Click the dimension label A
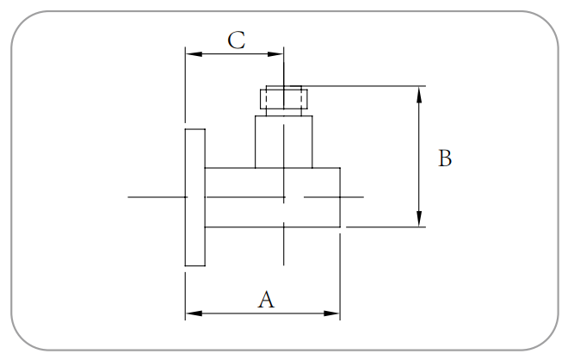tap(267, 300)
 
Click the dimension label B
tap(445, 159)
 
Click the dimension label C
tap(237, 40)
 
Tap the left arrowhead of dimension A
tap(191, 313)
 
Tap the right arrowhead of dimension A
tap(335, 313)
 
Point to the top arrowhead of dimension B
tap(419, 92)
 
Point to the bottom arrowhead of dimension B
tap(419, 221)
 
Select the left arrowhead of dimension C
tap(191, 53)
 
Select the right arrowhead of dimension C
tap(278, 53)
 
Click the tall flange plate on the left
tap(194, 197)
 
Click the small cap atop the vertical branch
tap(283, 101)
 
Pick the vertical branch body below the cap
tap(283, 142)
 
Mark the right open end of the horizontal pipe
tap(340, 197)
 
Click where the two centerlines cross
tap(284, 197)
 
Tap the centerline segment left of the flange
tap(155, 197)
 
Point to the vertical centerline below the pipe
tap(284, 250)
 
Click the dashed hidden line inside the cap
tap(268, 102)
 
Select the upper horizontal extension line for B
tap(361, 86)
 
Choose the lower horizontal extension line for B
tap(387, 227)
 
